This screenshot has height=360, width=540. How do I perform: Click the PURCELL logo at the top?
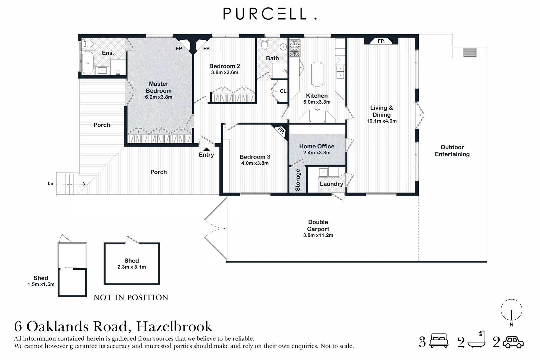270,14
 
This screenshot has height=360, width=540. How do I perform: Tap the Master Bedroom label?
159,87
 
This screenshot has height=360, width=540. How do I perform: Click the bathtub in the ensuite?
88,63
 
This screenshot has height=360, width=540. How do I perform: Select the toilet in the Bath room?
265,44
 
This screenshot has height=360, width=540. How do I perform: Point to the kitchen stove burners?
295,48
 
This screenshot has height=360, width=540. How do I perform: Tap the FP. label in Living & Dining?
381,41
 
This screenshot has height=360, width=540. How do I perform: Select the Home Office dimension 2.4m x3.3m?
317,153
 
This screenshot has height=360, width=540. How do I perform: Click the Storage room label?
298,180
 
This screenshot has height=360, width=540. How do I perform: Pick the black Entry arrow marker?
207,149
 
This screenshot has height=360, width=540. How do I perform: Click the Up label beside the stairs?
50,184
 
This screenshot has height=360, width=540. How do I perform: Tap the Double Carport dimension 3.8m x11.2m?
318,235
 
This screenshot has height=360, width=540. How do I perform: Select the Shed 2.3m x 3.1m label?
132,264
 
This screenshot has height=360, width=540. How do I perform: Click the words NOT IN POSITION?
131,297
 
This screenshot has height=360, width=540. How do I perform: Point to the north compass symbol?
511,310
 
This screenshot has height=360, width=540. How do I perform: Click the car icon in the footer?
513,342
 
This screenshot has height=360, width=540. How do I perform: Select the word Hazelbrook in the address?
174,326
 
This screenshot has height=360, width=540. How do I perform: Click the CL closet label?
283,91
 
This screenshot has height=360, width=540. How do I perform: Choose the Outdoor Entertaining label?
452,151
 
